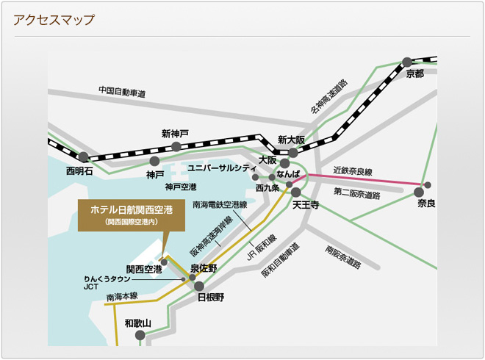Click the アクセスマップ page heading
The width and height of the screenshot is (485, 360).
[x=54, y=20]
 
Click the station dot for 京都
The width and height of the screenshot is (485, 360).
[x=408, y=62]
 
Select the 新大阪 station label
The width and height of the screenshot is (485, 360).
[x=291, y=140]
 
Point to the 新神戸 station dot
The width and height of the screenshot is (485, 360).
[x=176, y=147]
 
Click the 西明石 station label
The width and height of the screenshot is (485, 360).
[x=79, y=171]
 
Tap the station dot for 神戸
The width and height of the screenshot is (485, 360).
[x=154, y=161]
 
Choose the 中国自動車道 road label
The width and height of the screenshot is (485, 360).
[x=122, y=93]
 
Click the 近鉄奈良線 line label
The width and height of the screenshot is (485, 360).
[x=351, y=170]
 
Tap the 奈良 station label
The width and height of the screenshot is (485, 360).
[x=426, y=203]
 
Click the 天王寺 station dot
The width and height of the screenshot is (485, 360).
[x=298, y=192]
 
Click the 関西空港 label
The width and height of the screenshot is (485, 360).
[x=144, y=269]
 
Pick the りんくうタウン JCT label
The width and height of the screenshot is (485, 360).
[x=107, y=284]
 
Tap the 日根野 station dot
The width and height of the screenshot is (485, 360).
[x=199, y=286]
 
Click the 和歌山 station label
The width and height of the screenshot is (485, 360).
[x=137, y=323]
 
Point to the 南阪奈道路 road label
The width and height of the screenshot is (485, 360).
[x=343, y=258]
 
